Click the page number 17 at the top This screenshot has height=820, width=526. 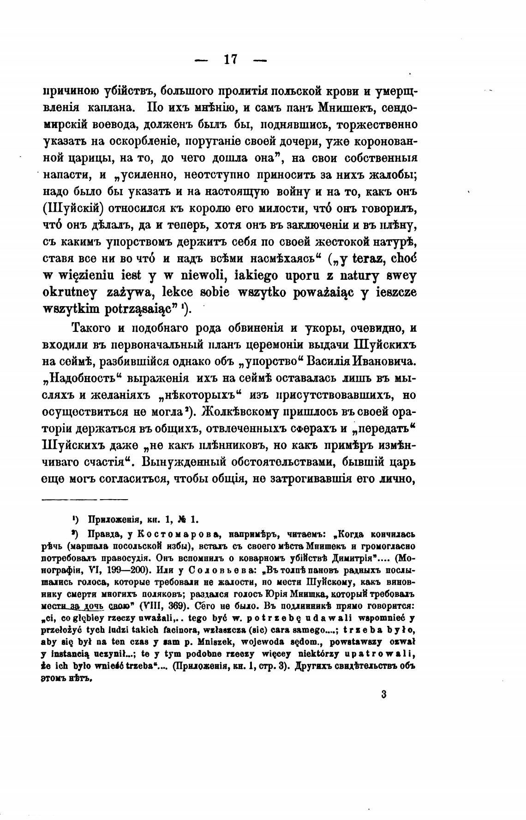click(x=230, y=60)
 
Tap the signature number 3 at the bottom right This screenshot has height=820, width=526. click(x=383, y=694)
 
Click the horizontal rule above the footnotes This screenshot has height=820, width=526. click(x=85, y=499)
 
